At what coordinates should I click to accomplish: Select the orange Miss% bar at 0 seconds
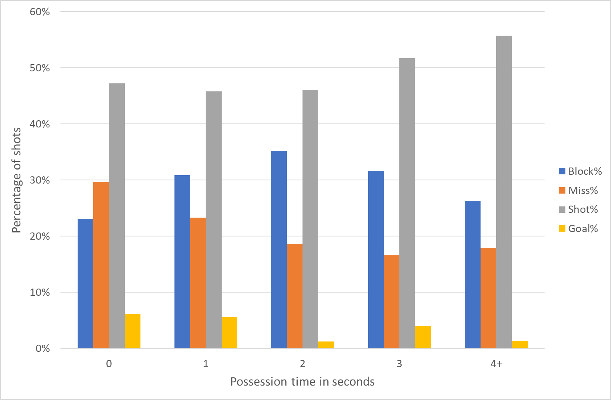(x=101, y=265)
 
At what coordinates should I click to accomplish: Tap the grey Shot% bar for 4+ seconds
(x=504, y=192)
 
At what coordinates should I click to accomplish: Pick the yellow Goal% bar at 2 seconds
(x=326, y=345)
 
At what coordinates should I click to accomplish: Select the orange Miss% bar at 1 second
(x=198, y=283)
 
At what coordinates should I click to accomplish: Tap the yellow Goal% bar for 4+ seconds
(x=520, y=344)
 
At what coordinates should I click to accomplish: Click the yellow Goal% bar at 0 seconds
(x=132, y=331)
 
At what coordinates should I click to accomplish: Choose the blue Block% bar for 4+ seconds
(x=473, y=275)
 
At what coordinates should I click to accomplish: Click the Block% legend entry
(x=580, y=172)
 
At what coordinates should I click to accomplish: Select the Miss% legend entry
(x=578, y=190)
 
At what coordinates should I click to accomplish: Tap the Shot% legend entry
(x=578, y=209)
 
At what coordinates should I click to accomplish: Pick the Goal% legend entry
(x=578, y=228)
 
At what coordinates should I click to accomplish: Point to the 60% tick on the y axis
(x=40, y=12)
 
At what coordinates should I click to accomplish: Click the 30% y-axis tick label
(x=40, y=180)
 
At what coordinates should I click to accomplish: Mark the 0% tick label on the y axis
(x=42, y=349)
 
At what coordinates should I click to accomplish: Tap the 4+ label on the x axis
(x=496, y=364)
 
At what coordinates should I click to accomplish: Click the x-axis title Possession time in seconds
(x=302, y=382)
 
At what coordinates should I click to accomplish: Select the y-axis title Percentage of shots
(x=16, y=180)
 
